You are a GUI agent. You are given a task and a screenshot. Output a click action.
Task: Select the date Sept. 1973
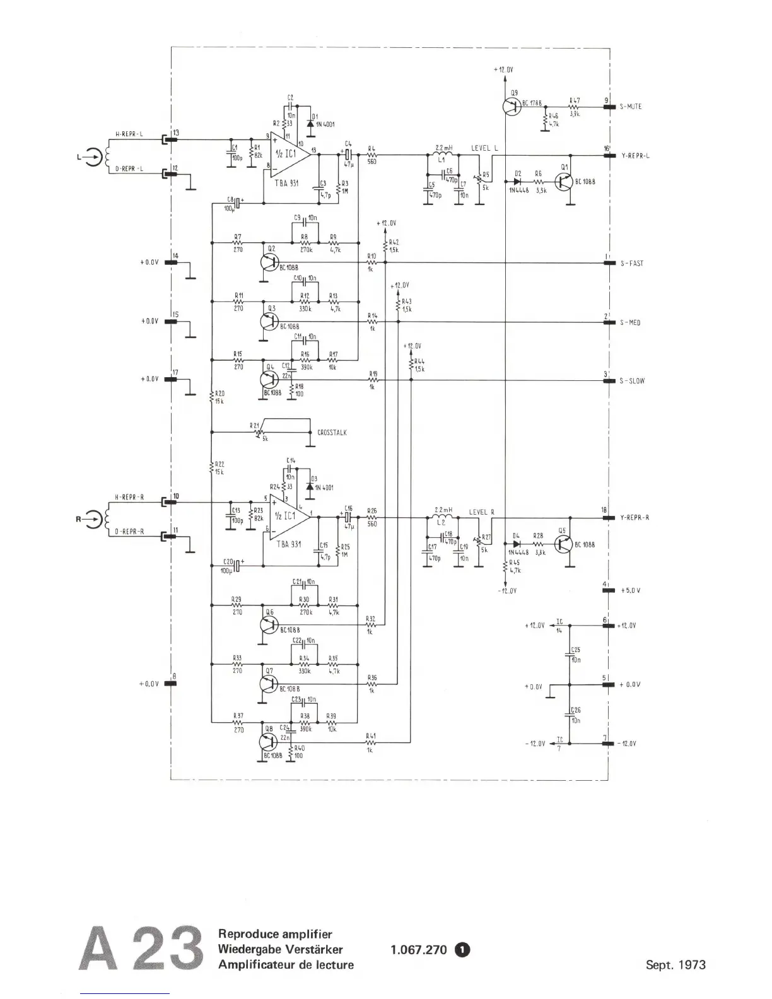coord(675,964)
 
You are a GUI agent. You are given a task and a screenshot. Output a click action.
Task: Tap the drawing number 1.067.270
coord(418,949)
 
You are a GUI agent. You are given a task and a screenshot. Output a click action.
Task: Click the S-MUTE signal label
coord(631,107)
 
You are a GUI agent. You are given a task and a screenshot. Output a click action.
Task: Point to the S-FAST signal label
coord(631,263)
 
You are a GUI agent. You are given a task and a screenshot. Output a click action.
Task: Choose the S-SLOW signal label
coord(631,381)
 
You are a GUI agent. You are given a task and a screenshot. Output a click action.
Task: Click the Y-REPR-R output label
coord(635,518)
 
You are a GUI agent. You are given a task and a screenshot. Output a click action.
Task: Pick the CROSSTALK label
coord(332,433)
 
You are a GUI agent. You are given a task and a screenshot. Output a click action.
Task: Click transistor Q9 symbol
coord(512,106)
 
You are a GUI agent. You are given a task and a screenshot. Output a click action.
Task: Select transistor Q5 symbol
coord(564,544)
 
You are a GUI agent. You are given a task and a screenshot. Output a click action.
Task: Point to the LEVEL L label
coord(484,148)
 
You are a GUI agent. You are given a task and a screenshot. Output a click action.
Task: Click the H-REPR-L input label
coord(129,134)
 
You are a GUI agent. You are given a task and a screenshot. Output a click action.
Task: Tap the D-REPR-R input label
coord(129,532)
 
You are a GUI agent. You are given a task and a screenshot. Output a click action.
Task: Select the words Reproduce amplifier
coord(275,934)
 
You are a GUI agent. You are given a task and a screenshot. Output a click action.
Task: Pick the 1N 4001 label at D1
coord(325,124)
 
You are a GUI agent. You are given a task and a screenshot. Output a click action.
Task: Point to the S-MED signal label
coord(630,322)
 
